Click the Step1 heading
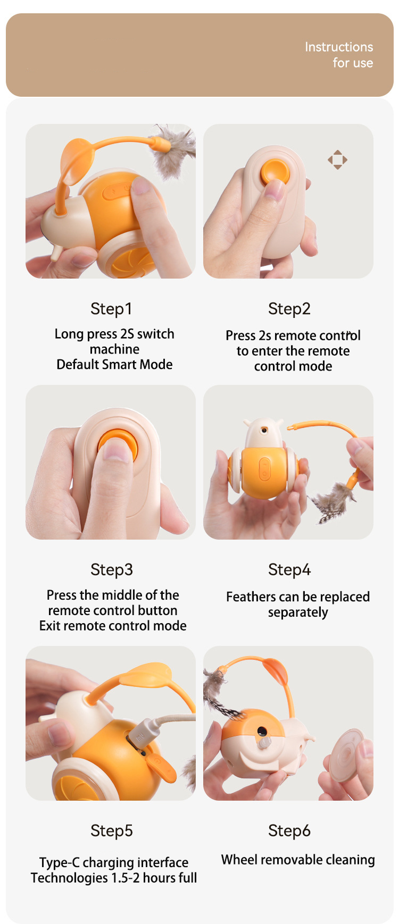coord(111,309)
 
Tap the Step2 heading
coord(289,309)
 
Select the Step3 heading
coord(112,570)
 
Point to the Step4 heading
coord(289,570)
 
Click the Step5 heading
coord(112,831)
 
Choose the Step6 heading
coord(289,831)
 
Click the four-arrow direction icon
coord(337,159)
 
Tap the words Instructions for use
coord(339,55)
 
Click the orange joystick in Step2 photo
coord(275,172)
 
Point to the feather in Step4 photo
coord(332,502)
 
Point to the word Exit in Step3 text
coord(50,626)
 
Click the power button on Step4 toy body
coord(264,469)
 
